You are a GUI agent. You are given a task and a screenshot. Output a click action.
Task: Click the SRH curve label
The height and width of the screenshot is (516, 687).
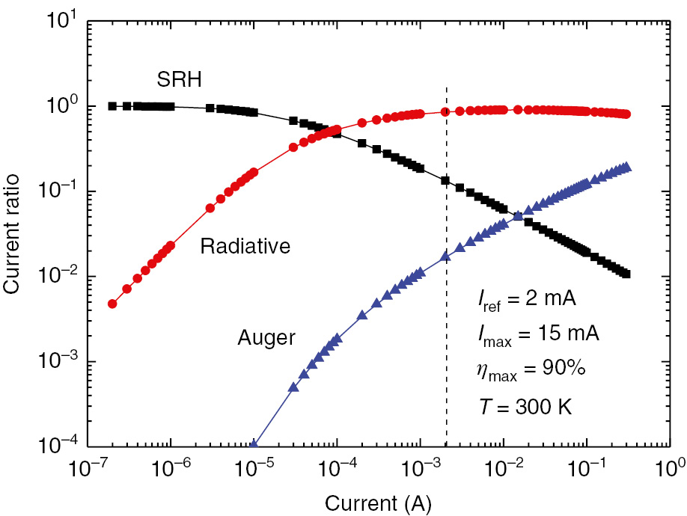(178, 79)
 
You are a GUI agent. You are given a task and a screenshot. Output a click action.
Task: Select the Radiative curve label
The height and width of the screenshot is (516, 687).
(245, 246)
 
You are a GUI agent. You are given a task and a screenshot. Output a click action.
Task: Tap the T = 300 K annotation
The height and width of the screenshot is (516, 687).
(525, 406)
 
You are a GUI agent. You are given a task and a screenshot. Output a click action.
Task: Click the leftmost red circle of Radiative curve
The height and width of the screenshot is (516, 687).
(112, 304)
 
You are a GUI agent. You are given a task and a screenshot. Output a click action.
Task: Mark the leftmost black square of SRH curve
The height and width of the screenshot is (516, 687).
(112, 106)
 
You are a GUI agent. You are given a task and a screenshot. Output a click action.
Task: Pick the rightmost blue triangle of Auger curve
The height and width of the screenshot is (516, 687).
(627, 167)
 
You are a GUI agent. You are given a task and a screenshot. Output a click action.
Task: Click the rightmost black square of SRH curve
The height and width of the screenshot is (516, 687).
(626, 274)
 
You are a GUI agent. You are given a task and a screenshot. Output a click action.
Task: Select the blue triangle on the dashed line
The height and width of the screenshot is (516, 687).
(447, 256)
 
